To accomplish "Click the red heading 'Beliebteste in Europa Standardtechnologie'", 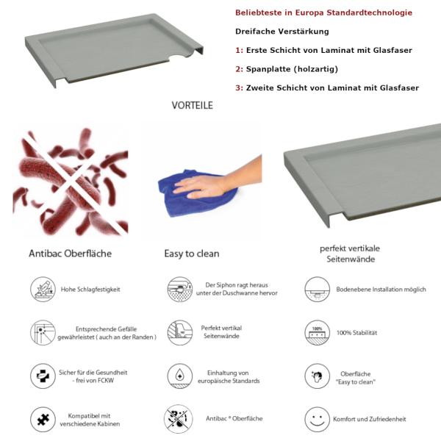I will [x=323, y=13].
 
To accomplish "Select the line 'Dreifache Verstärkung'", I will [x=282, y=32].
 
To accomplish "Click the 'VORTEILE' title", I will [x=193, y=106].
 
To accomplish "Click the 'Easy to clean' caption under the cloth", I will [x=191, y=254].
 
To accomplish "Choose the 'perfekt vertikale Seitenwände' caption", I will [x=350, y=254].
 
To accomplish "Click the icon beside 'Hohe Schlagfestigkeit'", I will [x=43, y=289].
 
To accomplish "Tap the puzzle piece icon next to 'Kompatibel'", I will [x=43, y=419].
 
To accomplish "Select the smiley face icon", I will [x=317, y=419].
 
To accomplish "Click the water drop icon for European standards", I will [x=179, y=376].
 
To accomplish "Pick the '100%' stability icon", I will [x=317, y=332].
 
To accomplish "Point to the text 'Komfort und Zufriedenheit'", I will [x=369, y=419].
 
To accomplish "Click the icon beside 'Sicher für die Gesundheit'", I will [x=43, y=376].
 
